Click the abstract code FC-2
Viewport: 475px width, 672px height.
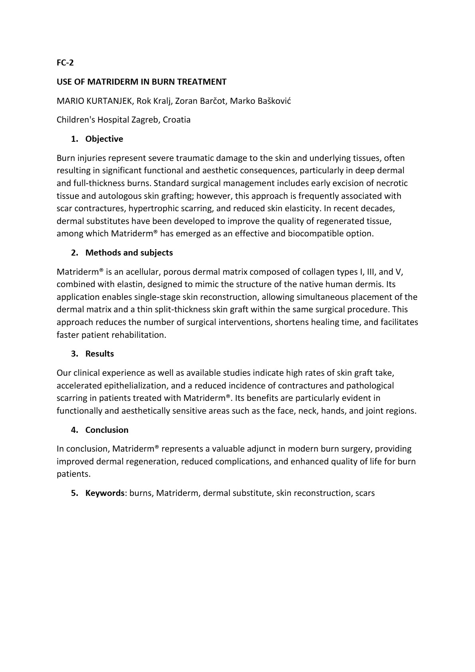[65, 63]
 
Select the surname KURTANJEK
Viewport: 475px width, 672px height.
[109, 101]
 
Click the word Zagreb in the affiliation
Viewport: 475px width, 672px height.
[146, 120]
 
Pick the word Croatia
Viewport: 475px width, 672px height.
[176, 120]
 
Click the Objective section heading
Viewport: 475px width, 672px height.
[104, 139]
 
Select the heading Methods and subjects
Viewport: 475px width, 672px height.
[129, 253]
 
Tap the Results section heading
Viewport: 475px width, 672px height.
[99, 354]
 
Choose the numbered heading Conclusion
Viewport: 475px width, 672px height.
[107, 430]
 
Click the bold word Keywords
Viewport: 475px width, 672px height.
[105, 493]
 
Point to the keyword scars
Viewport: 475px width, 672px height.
[365, 493]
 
